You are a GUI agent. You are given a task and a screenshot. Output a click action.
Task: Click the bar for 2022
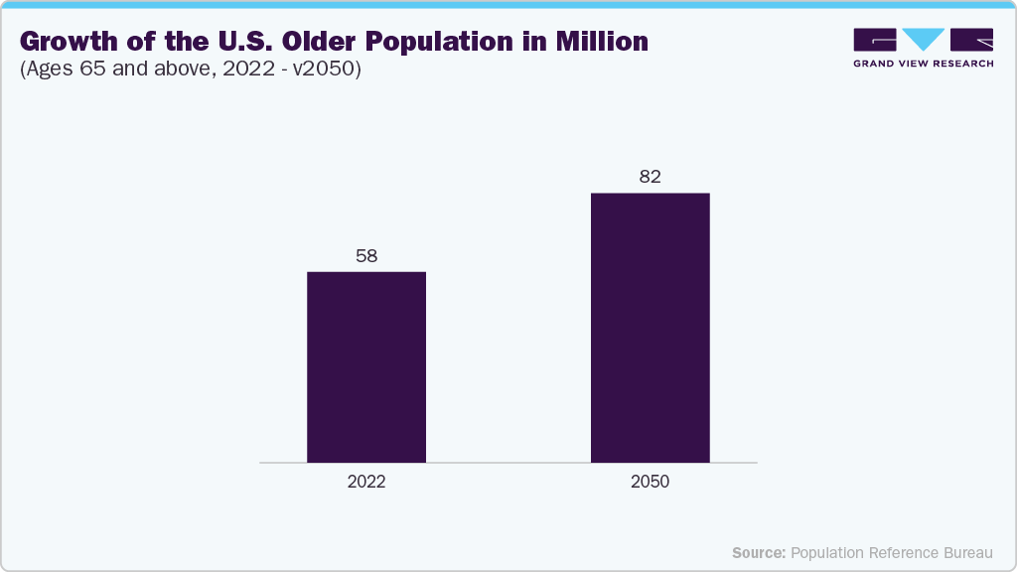click(366, 366)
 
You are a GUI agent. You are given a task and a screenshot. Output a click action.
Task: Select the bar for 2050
click(650, 328)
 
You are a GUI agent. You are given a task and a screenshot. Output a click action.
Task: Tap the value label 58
click(366, 256)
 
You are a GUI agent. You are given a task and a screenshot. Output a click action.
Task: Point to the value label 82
click(650, 178)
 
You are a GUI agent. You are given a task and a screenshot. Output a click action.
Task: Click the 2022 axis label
click(366, 482)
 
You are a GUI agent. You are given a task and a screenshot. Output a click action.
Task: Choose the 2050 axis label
click(650, 482)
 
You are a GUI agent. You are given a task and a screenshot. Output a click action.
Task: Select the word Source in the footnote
click(759, 552)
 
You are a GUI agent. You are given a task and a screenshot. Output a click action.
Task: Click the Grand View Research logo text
click(924, 63)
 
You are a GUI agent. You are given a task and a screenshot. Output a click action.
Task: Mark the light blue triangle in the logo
click(924, 39)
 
